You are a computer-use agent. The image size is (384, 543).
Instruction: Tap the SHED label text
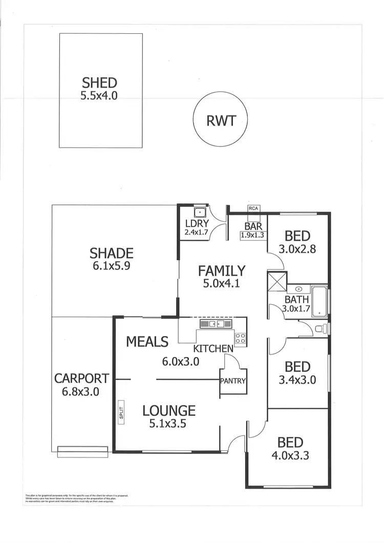coord(99,82)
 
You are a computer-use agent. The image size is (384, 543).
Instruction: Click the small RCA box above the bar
coord(253,208)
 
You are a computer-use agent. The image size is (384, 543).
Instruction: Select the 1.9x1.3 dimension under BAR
coord(253,236)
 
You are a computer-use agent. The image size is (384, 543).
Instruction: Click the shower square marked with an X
coord(277,283)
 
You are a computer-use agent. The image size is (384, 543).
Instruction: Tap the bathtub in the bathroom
coord(320,301)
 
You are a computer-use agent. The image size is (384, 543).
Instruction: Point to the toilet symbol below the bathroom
coord(318,329)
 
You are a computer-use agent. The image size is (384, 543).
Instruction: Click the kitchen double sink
coord(216,324)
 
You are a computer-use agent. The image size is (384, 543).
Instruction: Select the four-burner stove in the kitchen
coord(240,338)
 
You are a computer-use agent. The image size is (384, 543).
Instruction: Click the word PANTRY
coord(233,381)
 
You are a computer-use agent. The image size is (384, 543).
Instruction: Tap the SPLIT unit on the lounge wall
coord(121,413)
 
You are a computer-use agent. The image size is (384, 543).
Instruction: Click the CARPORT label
coord(81,379)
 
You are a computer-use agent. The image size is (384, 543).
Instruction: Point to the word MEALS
coord(147,341)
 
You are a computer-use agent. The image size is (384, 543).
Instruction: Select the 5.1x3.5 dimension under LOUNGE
coord(168,424)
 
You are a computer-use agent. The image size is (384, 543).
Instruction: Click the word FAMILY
coord(222,270)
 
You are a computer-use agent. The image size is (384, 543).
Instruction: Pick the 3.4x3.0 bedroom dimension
coord(297,380)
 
